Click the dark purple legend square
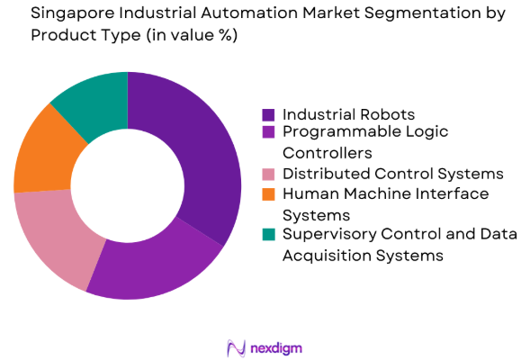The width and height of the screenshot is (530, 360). click(268, 115)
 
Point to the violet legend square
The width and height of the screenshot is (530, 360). click(268, 132)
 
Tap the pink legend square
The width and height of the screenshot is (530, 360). click(268, 174)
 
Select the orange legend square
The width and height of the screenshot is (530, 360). click(268, 193)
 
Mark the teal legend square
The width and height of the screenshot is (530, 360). click(268, 235)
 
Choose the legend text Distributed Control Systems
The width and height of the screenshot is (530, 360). click(392, 174)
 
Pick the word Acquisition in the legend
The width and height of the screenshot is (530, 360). click(326, 255)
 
